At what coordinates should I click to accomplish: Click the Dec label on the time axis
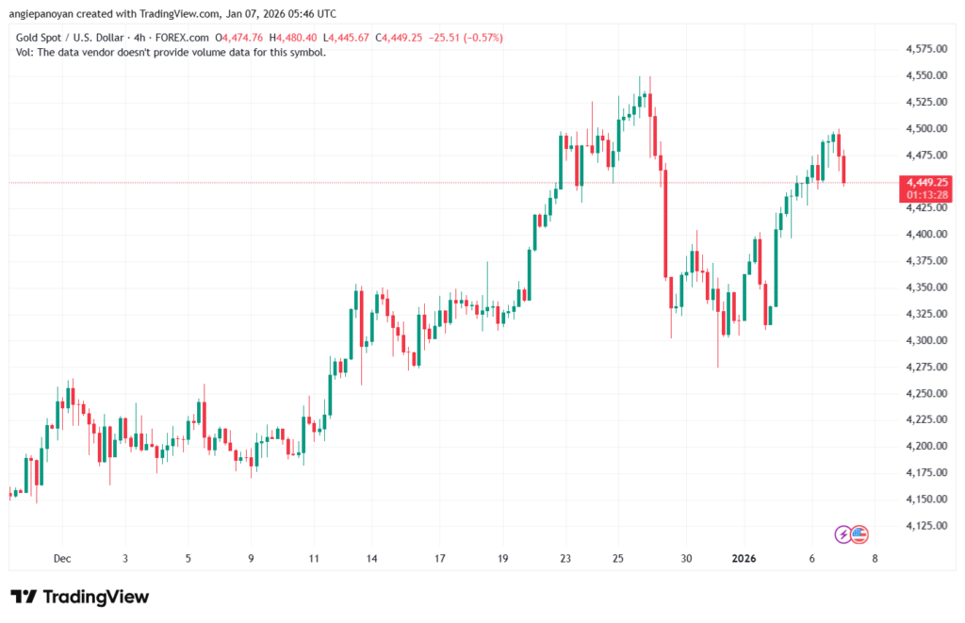(x=62, y=558)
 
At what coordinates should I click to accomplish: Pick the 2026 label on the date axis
(x=744, y=558)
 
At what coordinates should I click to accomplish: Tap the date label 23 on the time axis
(x=564, y=558)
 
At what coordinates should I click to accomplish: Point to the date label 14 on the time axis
(x=371, y=558)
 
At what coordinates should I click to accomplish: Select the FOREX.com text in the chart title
(x=184, y=38)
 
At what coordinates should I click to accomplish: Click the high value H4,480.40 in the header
(x=293, y=38)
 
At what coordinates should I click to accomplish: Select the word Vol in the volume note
(x=25, y=52)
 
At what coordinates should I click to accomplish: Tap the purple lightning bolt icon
(x=844, y=535)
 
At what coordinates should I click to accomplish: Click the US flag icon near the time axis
(x=859, y=535)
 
